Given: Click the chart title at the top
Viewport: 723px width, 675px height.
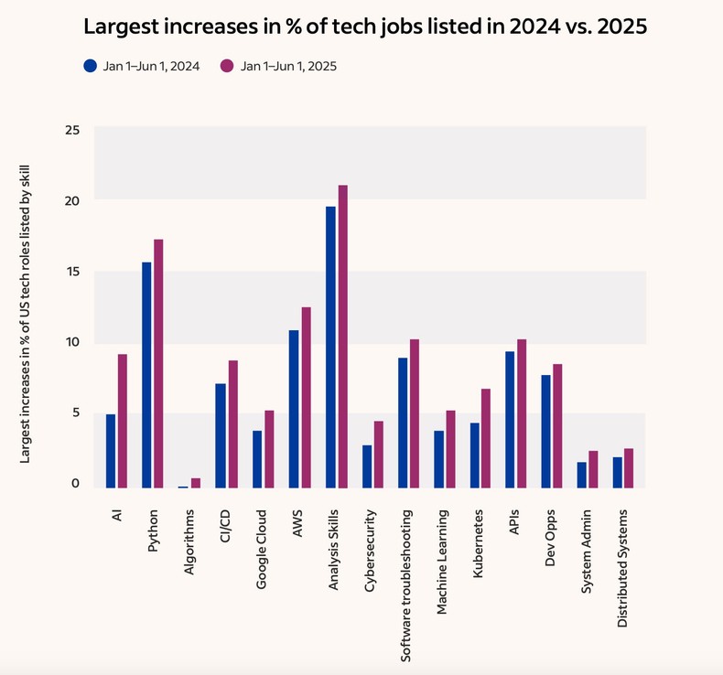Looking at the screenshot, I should (365, 27).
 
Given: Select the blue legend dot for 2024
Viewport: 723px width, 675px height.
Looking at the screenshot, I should (90, 66).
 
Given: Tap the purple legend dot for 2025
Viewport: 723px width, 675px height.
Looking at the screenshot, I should (227, 66).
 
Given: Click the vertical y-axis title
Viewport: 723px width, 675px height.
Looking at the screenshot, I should (26, 308).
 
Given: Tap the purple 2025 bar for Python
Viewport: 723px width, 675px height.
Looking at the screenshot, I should (158, 363).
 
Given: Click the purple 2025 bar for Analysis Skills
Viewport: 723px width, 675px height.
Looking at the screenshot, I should (342, 336).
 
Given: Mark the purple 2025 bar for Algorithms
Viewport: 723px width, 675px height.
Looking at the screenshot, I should (196, 483).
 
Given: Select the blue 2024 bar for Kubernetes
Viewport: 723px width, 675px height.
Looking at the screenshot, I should (475, 455).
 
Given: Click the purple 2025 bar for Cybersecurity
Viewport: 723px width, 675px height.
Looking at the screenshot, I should (379, 454).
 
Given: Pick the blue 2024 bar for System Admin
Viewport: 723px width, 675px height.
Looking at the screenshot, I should (581, 475).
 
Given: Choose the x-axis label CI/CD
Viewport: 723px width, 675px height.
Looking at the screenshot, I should (225, 528).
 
